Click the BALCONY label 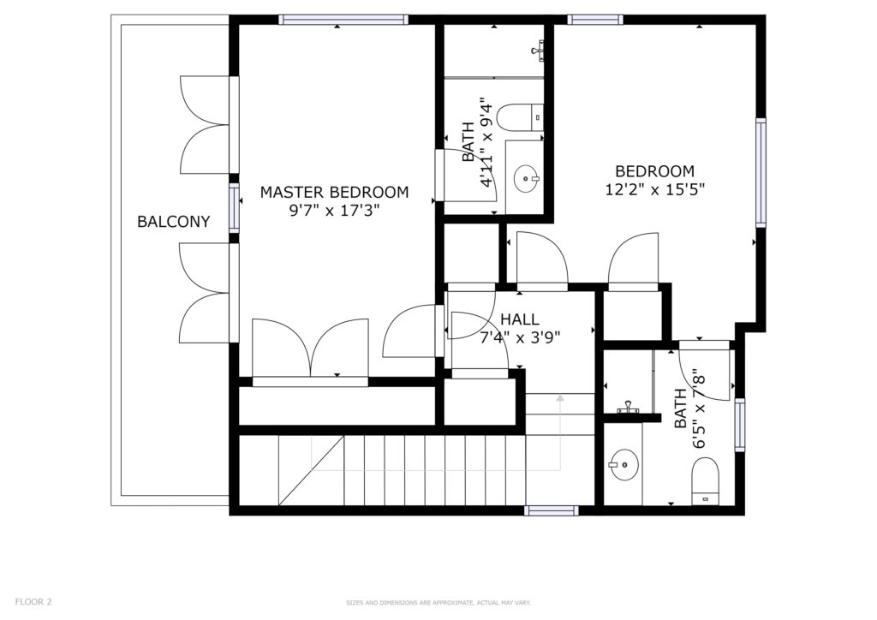pos(173,222)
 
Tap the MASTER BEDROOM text pos(335,193)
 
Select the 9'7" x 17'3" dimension pos(335,211)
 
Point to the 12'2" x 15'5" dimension pos(655,189)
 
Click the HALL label pos(520,319)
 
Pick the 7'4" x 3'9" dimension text pos(520,337)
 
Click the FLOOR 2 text pos(33,602)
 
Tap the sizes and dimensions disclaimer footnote pos(438,603)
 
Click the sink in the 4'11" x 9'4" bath pos(527,178)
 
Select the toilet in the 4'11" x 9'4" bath pos(520,117)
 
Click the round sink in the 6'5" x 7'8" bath pos(623,464)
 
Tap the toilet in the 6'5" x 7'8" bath pos(705,480)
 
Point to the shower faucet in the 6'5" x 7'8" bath pos(629,408)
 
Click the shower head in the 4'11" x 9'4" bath pos(538,50)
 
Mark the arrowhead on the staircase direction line pos(560,398)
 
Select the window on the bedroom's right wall pos(761,172)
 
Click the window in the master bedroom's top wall pos(343,21)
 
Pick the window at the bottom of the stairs pos(552,510)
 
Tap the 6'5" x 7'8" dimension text pos(689,408)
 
